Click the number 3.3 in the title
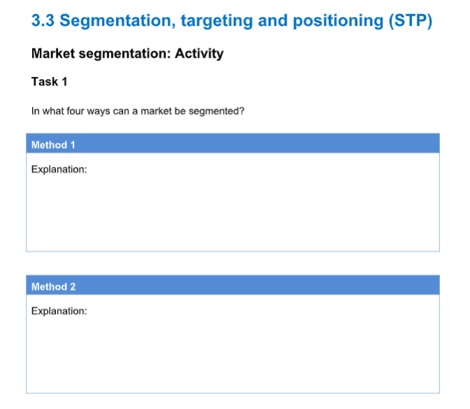[43, 20]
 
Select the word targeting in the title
[215, 20]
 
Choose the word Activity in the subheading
[199, 54]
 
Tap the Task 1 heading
[50, 82]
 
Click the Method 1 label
[53, 145]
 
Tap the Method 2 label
[53, 287]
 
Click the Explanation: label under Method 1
[59, 169]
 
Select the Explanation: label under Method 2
[59, 311]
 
